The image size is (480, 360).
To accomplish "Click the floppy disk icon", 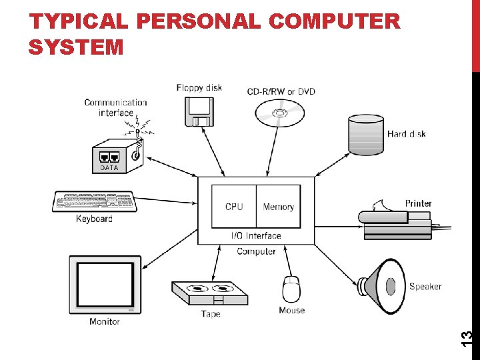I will (x=199, y=111).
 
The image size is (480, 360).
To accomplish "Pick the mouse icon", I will (x=291, y=289).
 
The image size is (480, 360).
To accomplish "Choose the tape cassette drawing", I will (x=209, y=293).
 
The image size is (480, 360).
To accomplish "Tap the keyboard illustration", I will (x=95, y=201).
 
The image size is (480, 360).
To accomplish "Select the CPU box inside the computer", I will (x=234, y=207).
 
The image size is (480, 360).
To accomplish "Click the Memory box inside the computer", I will (x=278, y=207).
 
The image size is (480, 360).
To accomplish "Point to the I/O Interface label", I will (x=256, y=235).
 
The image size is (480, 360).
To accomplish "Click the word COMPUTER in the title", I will (x=334, y=22).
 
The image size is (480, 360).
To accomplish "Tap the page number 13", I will (x=467, y=337).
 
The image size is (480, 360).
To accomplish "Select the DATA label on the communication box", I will (x=109, y=168).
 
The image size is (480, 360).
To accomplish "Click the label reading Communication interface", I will (x=115, y=107).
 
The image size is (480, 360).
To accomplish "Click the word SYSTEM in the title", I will (x=76, y=47).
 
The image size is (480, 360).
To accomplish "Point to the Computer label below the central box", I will (x=256, y=251).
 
